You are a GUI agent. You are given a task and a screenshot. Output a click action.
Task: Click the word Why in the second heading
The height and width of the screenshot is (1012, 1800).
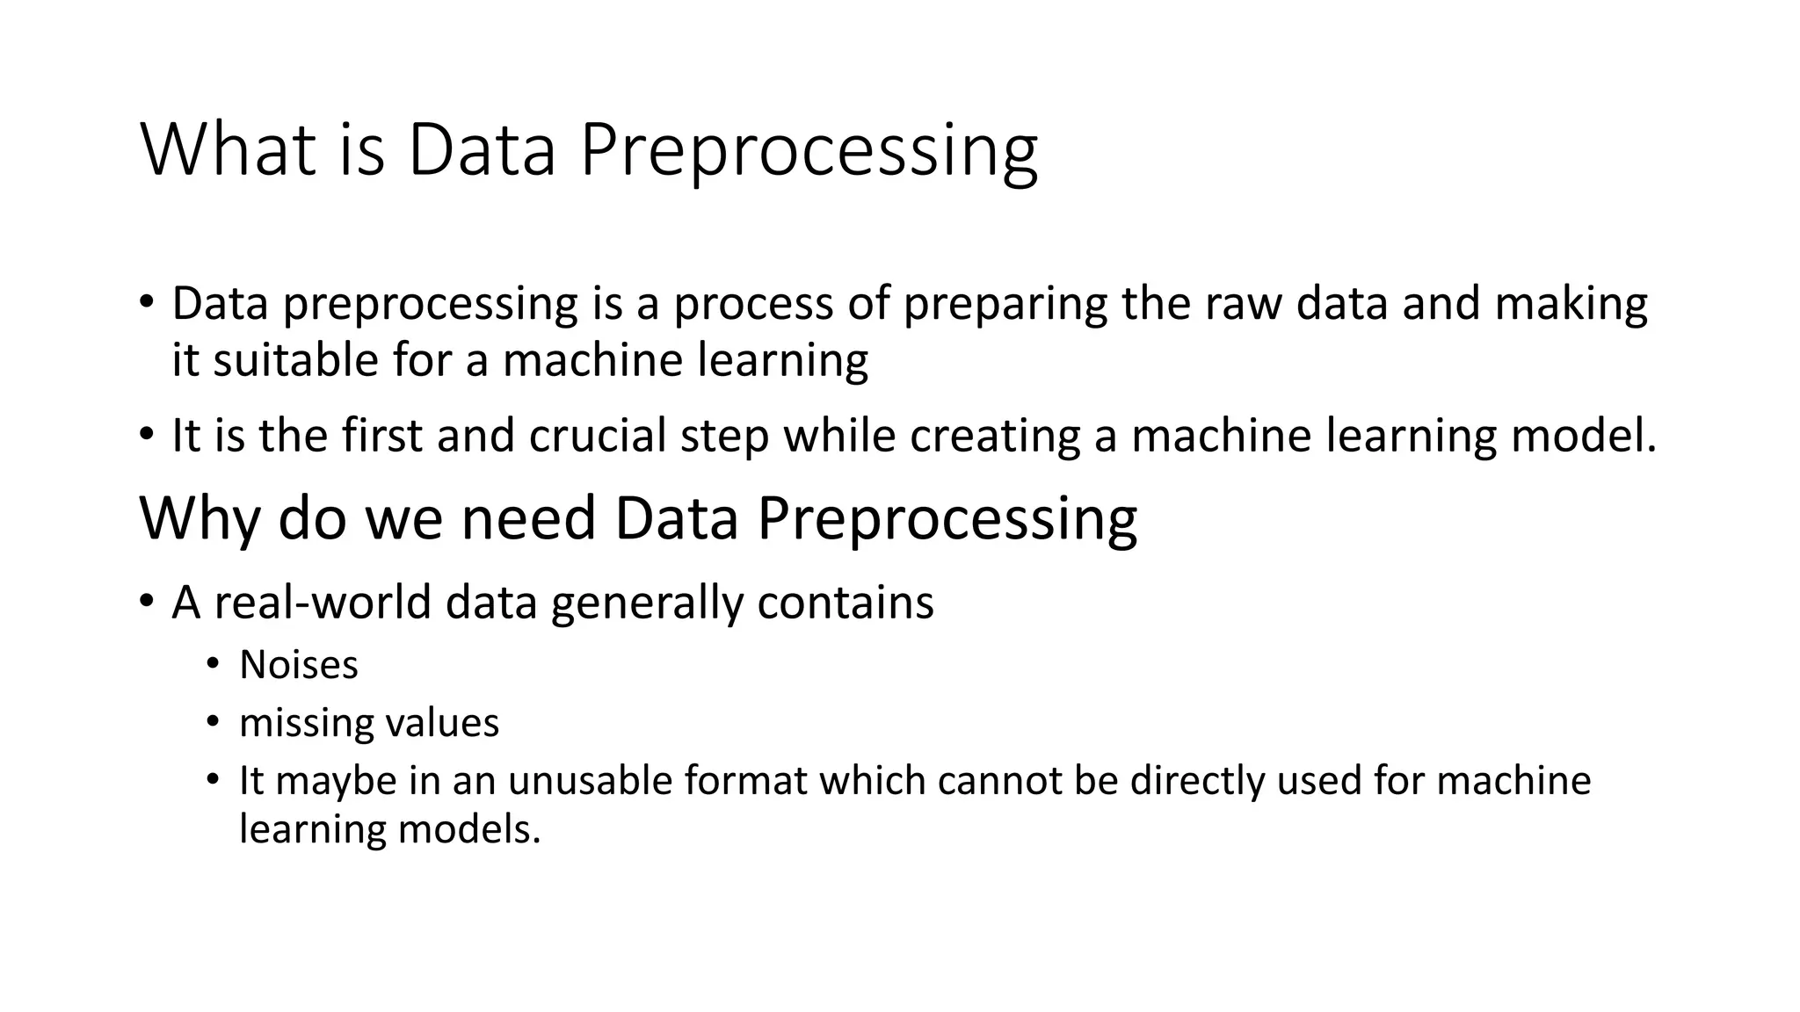[200, 518]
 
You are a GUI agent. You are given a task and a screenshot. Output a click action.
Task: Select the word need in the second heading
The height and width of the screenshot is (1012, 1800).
[528, 518]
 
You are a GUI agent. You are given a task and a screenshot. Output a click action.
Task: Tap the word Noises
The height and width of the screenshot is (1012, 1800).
[299, 665]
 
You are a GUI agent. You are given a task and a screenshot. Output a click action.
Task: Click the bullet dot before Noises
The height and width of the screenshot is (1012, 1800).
[212, 664]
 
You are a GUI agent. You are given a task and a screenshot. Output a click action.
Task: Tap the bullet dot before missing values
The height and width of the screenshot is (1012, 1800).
[212, 722]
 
